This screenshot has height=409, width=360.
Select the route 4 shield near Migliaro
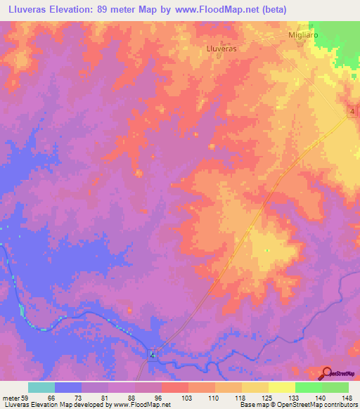point(350,112)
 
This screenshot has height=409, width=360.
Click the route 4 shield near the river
point(151,355)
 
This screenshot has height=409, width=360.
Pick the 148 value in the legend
point(348,398)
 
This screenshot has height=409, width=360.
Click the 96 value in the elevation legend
point(160,398)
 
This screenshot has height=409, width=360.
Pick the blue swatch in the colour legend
point(68,387)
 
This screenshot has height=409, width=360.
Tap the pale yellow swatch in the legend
point(281,387)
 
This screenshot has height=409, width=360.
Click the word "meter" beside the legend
point(9,398)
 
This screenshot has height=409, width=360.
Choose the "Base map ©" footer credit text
point(256,405)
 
